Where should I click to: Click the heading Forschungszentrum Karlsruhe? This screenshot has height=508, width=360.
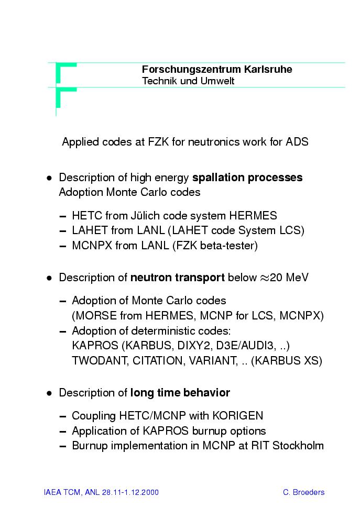(217, 70)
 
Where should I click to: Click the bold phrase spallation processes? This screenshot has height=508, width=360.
(247, 178)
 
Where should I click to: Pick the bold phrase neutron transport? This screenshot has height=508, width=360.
(178, 278)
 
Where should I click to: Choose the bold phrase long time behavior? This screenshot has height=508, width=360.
(180, 393)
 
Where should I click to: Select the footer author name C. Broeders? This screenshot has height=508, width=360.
(303, 492)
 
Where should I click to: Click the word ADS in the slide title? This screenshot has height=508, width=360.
(297, 142)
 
